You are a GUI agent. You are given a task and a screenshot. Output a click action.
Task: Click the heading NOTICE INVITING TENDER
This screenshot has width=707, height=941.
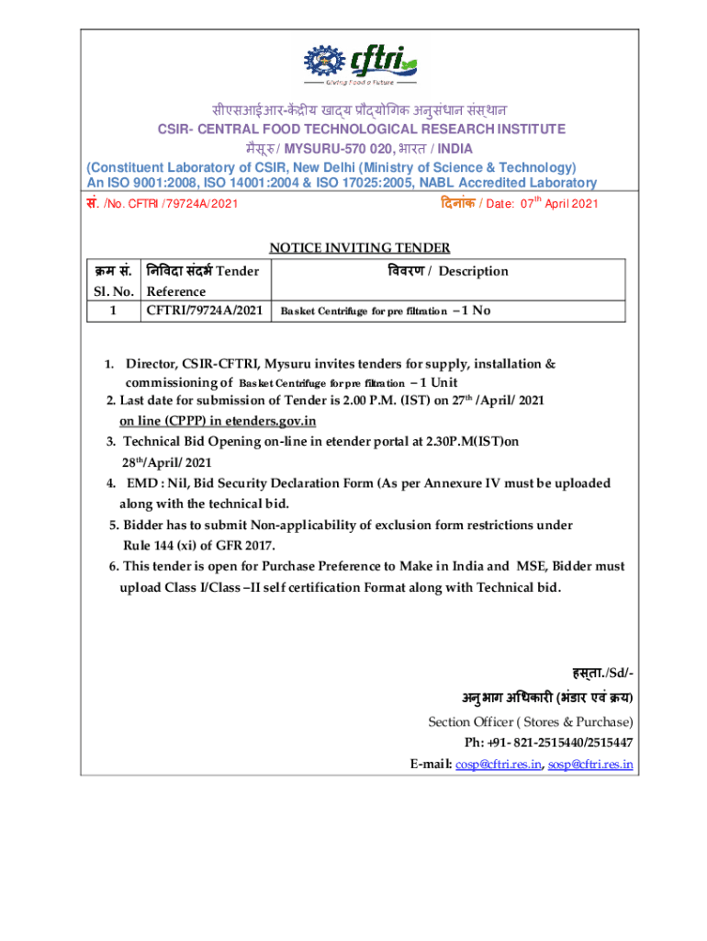(359, 246)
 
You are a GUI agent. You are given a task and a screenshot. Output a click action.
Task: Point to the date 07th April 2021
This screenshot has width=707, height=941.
(559, 203)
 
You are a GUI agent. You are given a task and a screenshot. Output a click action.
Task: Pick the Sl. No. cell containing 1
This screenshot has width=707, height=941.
(112, 311)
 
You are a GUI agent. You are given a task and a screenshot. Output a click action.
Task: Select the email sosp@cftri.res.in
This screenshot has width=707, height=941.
(590, 764)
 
